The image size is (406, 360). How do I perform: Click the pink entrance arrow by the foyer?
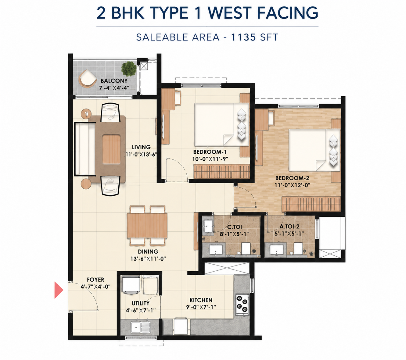[x=59, y=290]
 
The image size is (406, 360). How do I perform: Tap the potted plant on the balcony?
[x=129, y=69]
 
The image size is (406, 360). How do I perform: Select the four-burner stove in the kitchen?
[x=242, y=304]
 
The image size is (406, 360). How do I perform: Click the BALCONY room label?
[x=114, y=81]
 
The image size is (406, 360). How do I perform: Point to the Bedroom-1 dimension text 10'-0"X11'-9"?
[x=210, y=159]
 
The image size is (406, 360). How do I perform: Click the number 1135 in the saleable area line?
[x=243, y=37]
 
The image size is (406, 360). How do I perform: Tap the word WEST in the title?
[x=230, y=13]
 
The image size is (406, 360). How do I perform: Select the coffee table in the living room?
[x=111, y=149]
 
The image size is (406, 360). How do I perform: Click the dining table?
[x=147, y=226]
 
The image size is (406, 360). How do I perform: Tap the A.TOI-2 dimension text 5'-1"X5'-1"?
[x=289, y=233]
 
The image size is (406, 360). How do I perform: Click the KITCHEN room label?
[x=201, y=300]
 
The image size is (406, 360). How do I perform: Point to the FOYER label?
[x=95, y=280]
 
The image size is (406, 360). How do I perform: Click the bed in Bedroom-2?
[x=314, y=150]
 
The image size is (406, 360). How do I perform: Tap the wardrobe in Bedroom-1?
[x=222, y=171]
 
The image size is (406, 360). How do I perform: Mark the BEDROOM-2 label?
[x=292, y=178]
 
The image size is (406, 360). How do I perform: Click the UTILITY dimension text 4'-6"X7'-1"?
[x=141, y=310]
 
